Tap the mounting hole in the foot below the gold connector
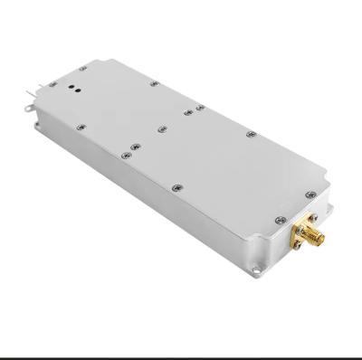click(x=262, y=266)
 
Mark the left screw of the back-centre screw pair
click(x=187, y=112)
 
